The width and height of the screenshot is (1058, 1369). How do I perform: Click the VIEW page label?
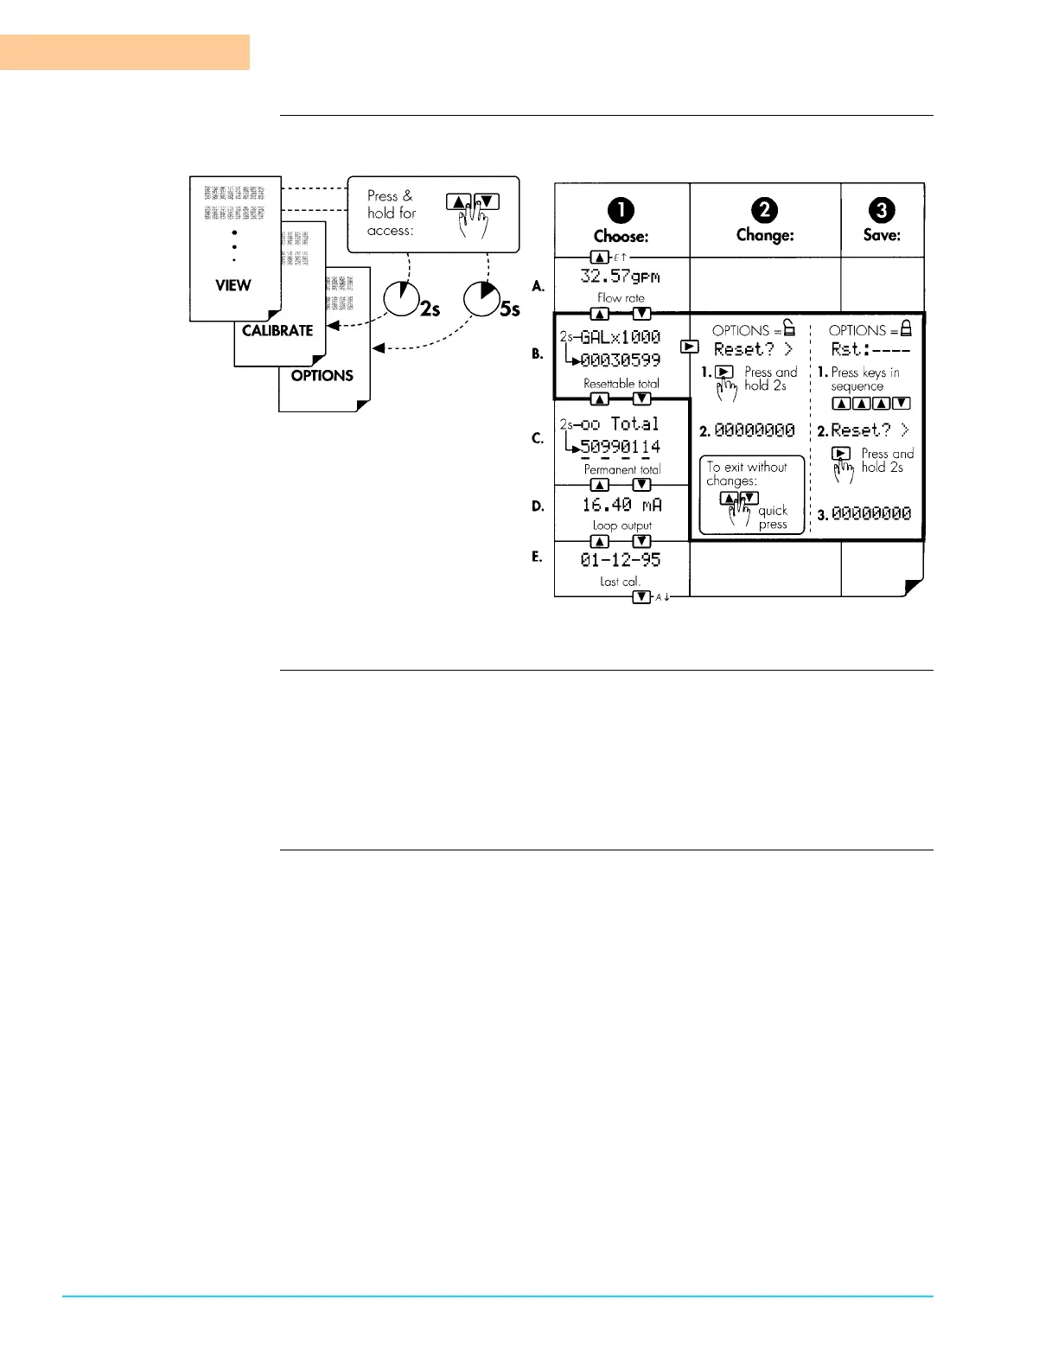[x=233, y=285]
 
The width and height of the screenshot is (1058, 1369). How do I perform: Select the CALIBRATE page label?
[x=277, y=330]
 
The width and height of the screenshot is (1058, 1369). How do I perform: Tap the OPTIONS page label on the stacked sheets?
[x=322, y=376]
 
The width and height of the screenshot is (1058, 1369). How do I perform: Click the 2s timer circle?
[x=401, y=299]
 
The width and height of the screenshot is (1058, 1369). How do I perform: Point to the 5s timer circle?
[x=481, y=299]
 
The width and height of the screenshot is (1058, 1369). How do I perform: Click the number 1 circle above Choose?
[x=621, y=210]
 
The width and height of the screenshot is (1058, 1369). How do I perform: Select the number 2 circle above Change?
[x=764, y=210]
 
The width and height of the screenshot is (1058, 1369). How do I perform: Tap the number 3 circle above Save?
[x=882, y=210]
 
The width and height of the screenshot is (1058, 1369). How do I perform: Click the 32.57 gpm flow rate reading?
[x=620, y=277]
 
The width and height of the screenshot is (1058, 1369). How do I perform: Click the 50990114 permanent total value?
[x=621, y=447]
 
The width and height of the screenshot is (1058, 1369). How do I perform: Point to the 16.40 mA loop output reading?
[x=621, y=505]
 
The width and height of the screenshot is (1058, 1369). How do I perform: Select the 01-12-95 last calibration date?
[x=621, y=560]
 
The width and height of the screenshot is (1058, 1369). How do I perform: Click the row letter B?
[x=538, y=353]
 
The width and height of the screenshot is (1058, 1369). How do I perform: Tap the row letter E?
[x=537, y=557]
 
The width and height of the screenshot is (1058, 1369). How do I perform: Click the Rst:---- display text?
[x=870, y=349]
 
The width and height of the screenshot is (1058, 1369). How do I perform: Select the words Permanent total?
[x=622, y=469]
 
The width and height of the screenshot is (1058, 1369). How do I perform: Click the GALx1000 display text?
[x=621, y=337]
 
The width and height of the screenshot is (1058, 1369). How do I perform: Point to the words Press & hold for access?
[x=392, y=213]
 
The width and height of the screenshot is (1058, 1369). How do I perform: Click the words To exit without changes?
[x=747, y=474]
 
